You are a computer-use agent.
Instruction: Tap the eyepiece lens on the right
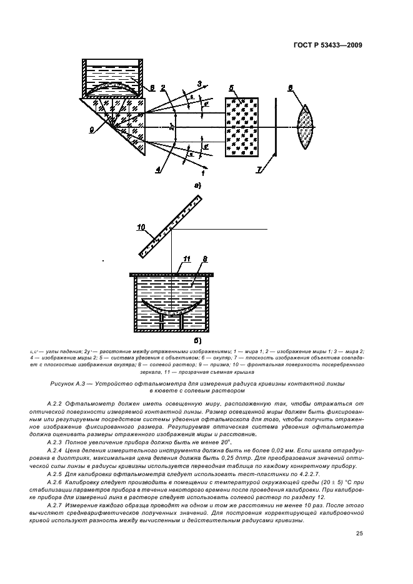coord(306,127)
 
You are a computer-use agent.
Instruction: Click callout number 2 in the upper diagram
coord(163,88)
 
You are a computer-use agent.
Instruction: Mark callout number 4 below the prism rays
coord(158,169)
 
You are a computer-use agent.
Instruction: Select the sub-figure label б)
coord(197,341)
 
